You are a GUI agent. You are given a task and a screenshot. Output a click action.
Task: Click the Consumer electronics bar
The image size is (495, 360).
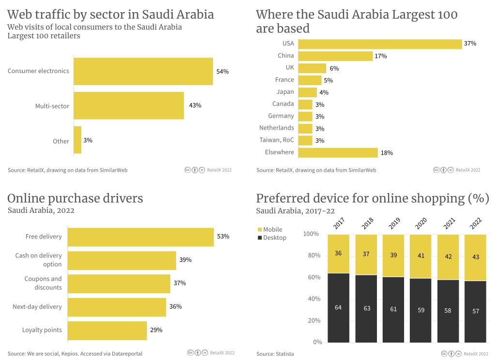(143, 71)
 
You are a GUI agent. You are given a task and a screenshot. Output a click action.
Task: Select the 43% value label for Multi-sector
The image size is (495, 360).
(195, 105)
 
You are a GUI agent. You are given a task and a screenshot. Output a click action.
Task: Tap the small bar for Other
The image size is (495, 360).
(77, 140)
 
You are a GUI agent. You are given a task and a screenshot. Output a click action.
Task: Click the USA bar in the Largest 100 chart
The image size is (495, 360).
(380, 44)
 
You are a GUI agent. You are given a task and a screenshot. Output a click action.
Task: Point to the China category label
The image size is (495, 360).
(285, 56)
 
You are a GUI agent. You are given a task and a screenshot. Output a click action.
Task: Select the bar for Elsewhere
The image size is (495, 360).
(338, 152)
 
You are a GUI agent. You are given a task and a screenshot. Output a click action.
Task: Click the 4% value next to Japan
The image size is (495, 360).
(324, 92)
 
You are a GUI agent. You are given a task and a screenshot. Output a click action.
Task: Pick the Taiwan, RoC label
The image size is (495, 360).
(276, 140)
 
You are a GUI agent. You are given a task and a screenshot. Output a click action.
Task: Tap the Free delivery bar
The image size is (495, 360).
(140, 237)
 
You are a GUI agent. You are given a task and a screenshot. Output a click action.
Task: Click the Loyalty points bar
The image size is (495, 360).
(107, 330)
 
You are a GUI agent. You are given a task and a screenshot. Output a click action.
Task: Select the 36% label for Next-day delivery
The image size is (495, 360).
(175, 307)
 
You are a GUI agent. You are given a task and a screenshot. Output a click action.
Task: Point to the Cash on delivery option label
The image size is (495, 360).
(39, 260)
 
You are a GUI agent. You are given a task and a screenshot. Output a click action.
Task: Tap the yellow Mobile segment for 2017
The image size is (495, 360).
(338, 254)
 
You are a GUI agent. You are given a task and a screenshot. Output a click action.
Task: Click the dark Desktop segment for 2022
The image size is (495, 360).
(476, 311)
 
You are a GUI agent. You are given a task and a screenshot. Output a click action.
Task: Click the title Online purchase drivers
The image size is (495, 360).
(75, 198)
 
